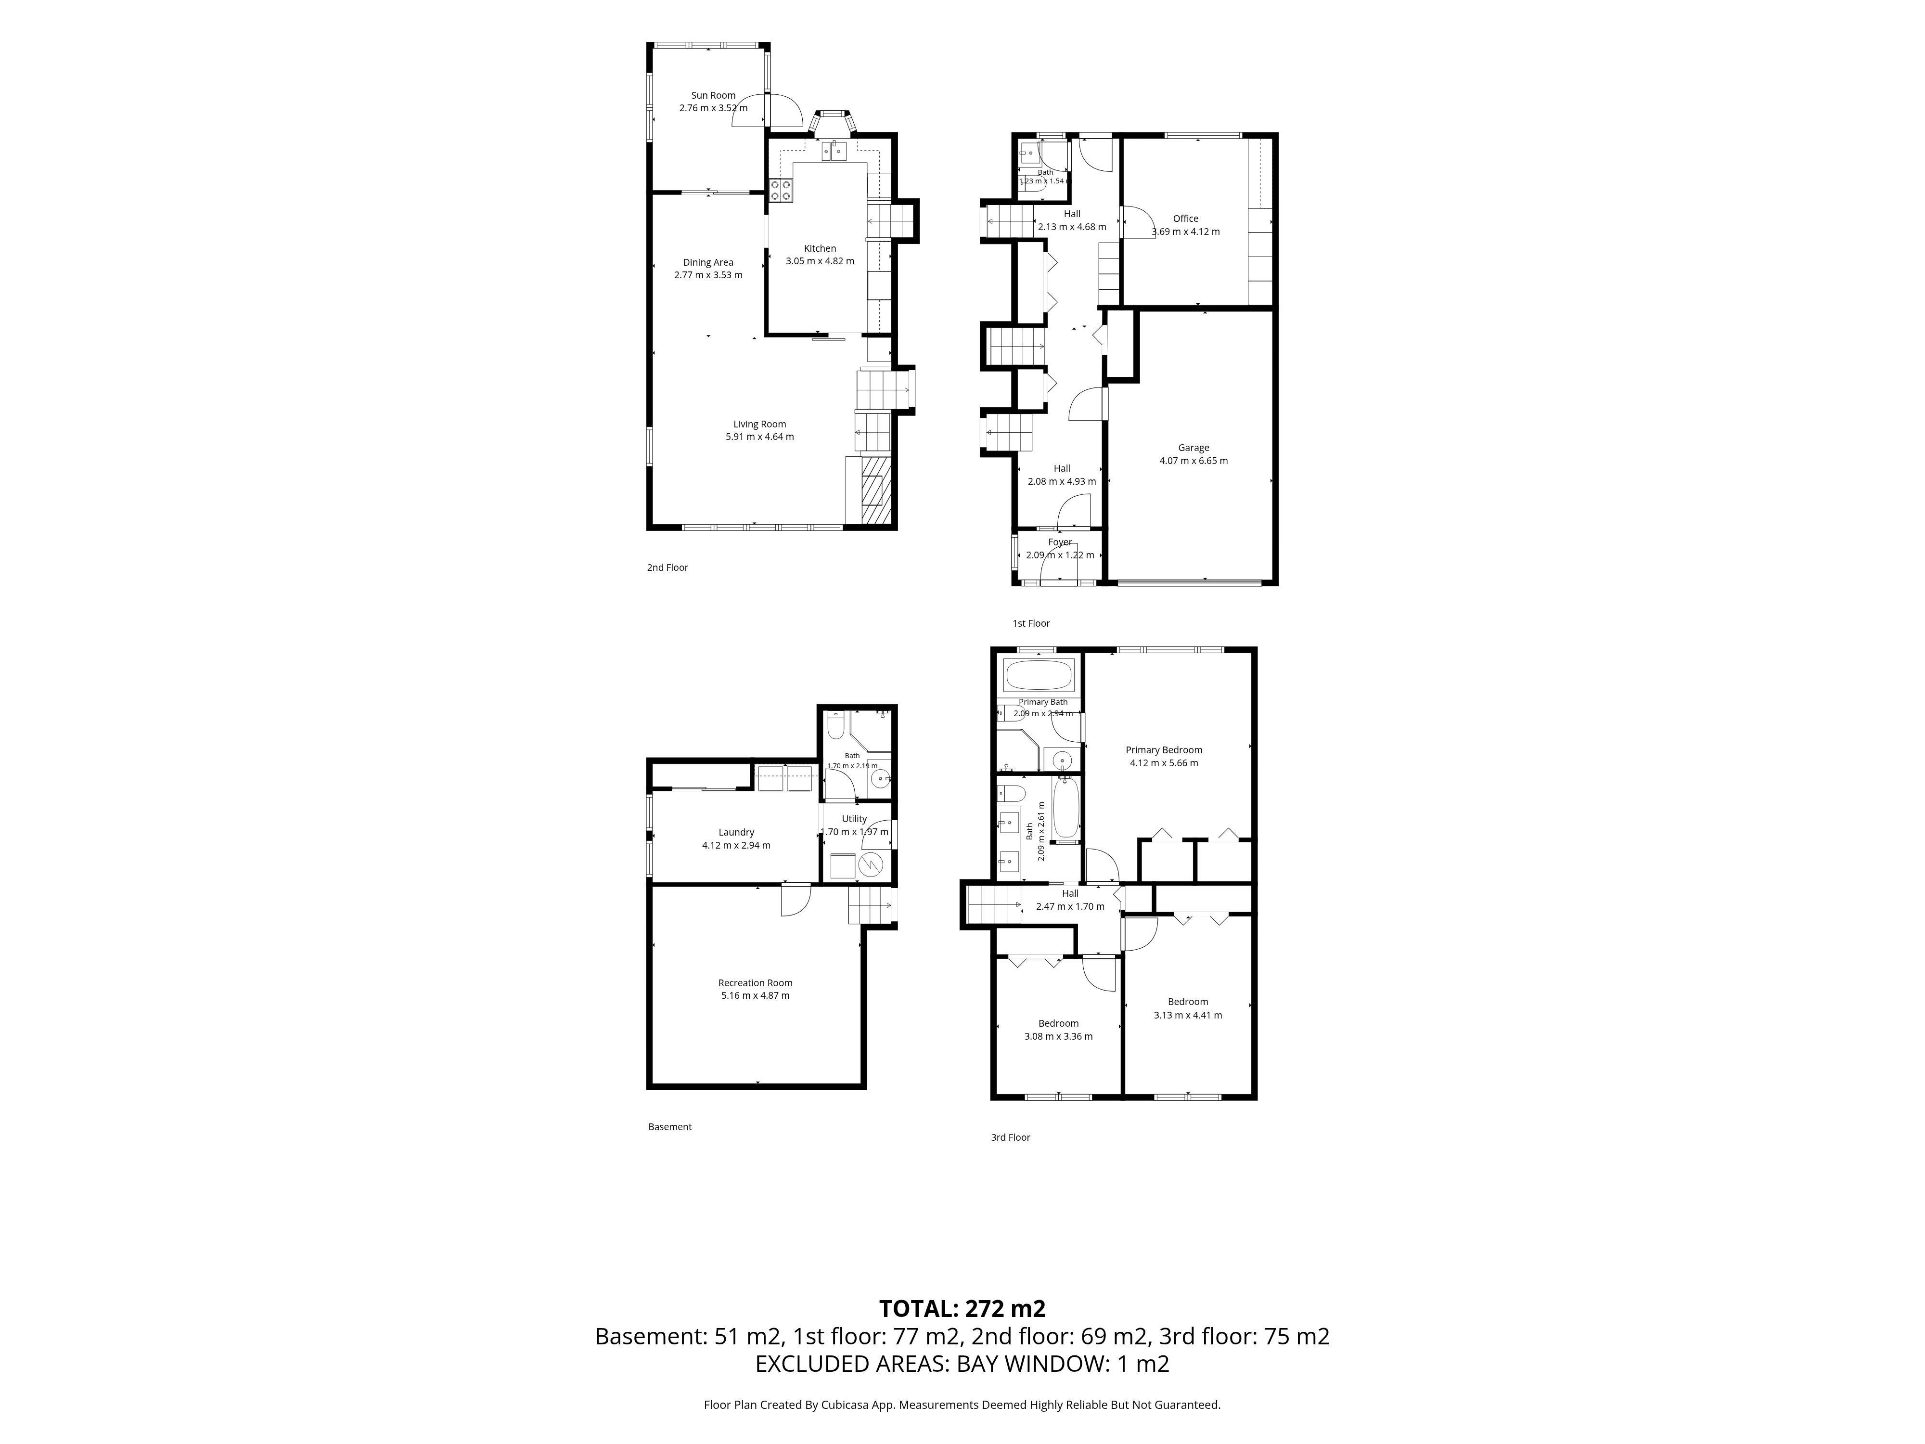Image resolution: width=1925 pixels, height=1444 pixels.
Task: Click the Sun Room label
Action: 714,96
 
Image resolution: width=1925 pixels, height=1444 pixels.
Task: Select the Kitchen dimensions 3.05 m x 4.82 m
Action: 820,261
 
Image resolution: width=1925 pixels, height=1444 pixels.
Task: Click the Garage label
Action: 1194,448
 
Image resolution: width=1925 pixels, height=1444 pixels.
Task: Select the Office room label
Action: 1185,219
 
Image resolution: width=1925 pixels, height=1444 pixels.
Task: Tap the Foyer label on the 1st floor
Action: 1060,542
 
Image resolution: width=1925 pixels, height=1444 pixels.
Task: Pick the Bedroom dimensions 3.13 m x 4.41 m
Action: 1188,1015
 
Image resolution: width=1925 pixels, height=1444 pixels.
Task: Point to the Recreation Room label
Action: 756,983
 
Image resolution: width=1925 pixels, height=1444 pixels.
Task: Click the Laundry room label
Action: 736,832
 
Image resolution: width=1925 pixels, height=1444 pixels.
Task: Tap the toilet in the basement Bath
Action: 835,724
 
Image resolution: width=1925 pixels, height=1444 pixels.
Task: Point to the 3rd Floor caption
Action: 1010,1137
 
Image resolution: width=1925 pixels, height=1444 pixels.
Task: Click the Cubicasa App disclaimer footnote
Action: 962,1404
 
